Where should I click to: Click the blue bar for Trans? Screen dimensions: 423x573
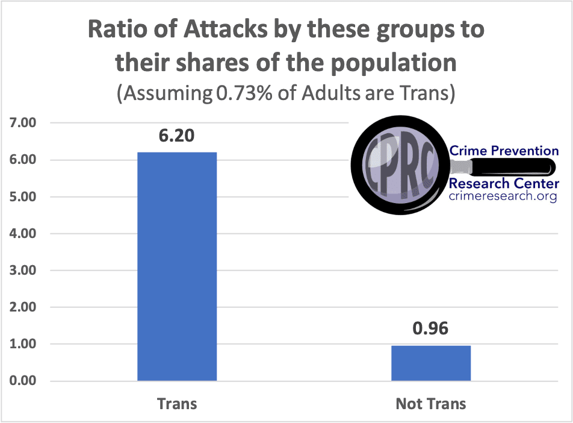click(x=177, y=266)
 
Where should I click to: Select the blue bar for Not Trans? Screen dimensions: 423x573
click(x=431, y=363)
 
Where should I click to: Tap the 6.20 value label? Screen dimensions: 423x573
click(x=177, y=136)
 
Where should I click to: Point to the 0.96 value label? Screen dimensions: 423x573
click(x=431, y=329)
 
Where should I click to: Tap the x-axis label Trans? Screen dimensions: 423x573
click(x=177, y=403)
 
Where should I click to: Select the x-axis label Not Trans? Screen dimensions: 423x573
click(x=431, y=403)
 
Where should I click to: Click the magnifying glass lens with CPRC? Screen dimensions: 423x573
click(x=401, y=164)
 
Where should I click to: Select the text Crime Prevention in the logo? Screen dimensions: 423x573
click(x=504, y=151)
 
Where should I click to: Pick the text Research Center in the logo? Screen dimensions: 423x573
click(x=503, y=183)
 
